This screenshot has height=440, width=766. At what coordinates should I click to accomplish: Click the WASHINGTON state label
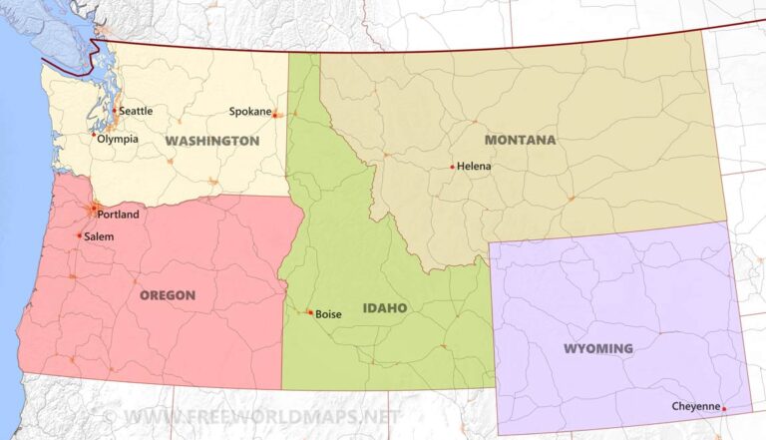pyautogui.click(x=212, y=141)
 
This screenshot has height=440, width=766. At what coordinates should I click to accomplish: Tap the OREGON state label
pyautogui.click(x=168, y=295)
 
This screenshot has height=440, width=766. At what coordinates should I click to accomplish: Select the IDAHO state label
pyautogui.click(x=384, y=308)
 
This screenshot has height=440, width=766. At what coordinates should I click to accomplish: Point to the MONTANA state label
pyautogui.click(x=520, y=140)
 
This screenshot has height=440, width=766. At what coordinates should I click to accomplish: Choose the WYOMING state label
pyautogui.click(x=598, y=348)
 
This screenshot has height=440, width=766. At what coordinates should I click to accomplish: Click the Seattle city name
pyautogui.click(x=136, y=111)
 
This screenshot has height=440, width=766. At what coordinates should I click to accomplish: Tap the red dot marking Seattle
pyautogui.click(x=115, y=110)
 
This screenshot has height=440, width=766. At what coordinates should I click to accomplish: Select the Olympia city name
pyautogui.click(x=118, y=139)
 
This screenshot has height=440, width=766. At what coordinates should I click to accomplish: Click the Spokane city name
pyautogui.click(x=249, y=112)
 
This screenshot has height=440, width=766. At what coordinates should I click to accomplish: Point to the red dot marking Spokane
pyautogui.click(x=275, y=115)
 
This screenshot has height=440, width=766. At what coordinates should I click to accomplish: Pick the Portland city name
pyautogui.click(x=119, y=215)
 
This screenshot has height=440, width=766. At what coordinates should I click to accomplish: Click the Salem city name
pyautogui.click(x=100, y=236)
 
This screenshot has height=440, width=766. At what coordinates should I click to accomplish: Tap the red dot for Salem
pyautogui.click(x=80, y=235)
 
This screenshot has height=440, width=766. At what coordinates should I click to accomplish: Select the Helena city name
pyautogui.click(x=474, y=166)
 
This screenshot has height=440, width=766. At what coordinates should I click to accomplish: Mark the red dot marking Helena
pyautogui.click(x=452, y=167)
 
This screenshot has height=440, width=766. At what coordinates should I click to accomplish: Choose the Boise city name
pyautogui.click(x=328, y=313)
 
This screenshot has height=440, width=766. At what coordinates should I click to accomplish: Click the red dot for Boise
pyautogui.click(x=310, y=312)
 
